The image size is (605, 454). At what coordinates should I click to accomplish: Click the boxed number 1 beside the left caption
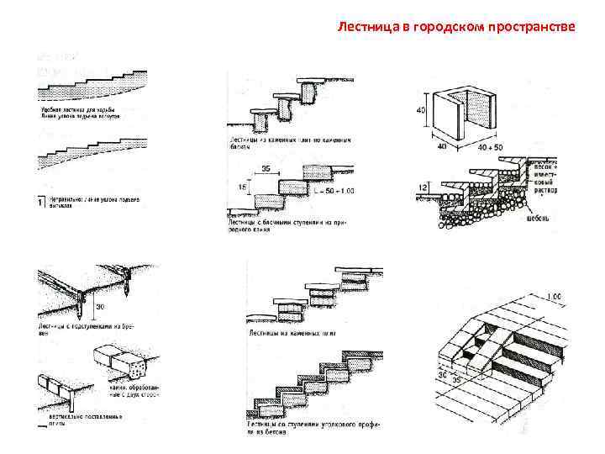pyautogui.click(x=41, y=202)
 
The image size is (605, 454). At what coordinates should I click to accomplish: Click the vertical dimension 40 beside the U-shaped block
pyautogui.click(x=421, y=108)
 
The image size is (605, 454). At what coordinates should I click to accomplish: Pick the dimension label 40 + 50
pyautogui.click(x=492, y=147)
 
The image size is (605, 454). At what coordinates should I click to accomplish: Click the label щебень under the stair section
pyautogui.click(x=538, y=220)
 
